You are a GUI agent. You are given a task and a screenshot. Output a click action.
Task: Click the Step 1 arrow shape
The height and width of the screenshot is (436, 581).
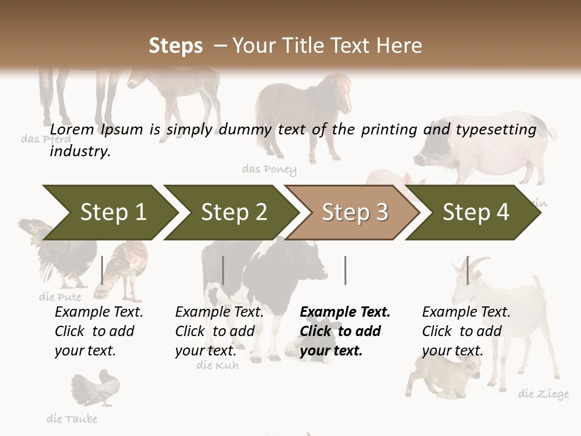[x=109, y=213]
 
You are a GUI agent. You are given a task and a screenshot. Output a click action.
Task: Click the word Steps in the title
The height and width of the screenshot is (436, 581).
[x=176, y=45]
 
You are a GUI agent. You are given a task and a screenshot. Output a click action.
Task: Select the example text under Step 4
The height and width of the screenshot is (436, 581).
[x=465, y=331]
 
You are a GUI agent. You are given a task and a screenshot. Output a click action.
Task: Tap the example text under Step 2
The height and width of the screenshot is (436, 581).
[x=218, y=331]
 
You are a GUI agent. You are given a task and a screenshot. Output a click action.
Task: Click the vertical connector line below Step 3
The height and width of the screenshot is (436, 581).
[x=345, y=270]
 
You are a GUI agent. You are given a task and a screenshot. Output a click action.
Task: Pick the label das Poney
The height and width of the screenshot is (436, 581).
[x=269, y=170]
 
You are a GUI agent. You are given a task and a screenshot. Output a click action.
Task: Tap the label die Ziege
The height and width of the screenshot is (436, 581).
[x=543, y=395]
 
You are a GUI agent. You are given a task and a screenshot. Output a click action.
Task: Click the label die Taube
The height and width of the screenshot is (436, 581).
[x=71, y=419]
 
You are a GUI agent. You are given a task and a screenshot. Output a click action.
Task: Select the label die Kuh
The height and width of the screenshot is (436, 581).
[x=217, y=366]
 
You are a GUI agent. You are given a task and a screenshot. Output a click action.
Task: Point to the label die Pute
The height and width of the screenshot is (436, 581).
[x=59, y=297]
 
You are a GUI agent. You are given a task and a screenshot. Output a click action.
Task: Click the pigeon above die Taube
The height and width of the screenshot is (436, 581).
[x=97, y=388]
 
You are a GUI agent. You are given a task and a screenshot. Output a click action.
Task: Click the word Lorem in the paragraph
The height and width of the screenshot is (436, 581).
[x=72, y=130]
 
